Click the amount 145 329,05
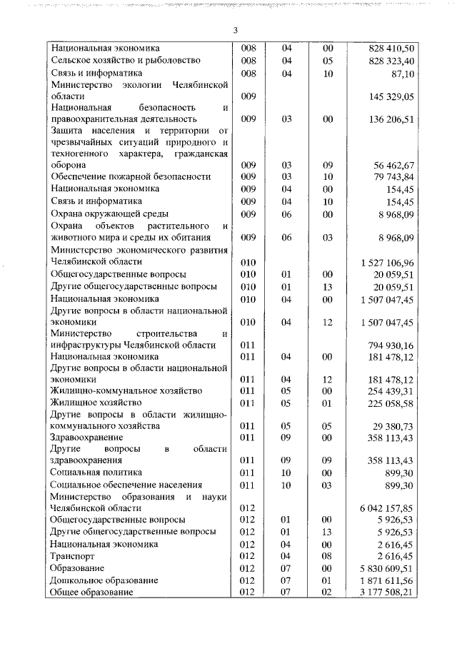(x=392, y=96)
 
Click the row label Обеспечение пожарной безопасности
(x=131, y=176)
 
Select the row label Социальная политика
(x=96, y=473)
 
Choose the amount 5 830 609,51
(x=388, y=567)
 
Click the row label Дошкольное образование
(x=104, y=580)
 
